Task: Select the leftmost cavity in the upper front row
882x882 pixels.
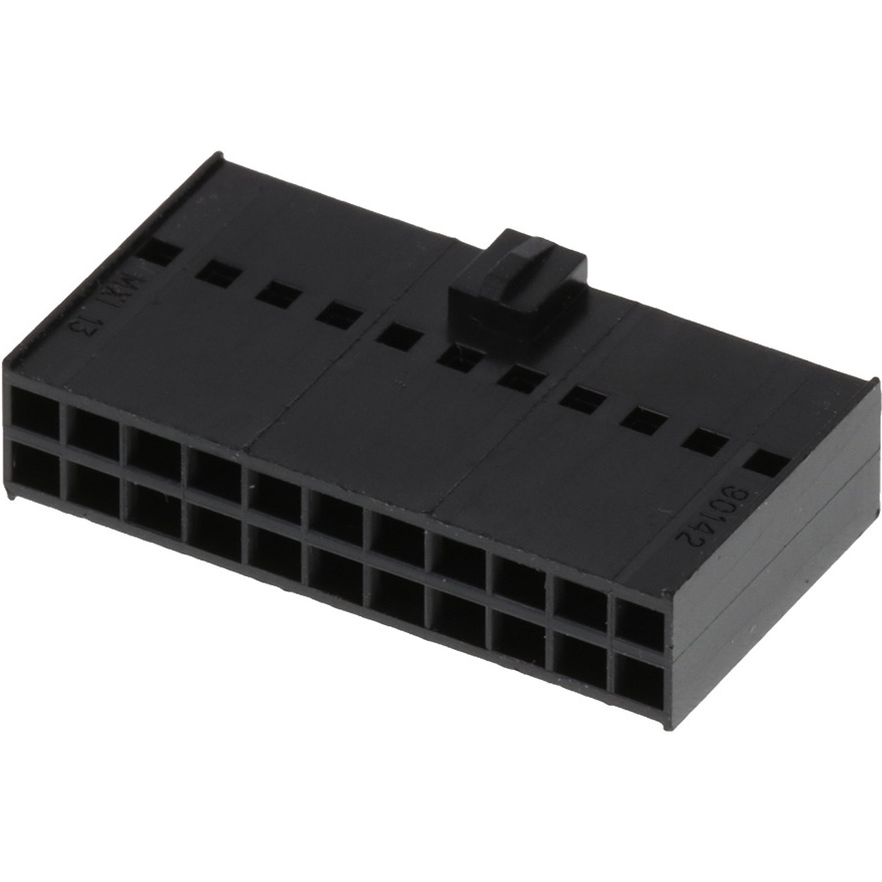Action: click(x=33, y=411)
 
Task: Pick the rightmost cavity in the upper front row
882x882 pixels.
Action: click(x=639, y=626)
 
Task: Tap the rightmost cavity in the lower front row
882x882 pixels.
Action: click(x=638, y=682)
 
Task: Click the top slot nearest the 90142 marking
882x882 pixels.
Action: click(x=765, y=463)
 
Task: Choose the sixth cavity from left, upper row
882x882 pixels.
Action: click(x=334, y=517)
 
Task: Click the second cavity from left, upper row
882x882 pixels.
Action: click(x=93, y=429)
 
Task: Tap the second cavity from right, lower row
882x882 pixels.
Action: click(x=579, y=661)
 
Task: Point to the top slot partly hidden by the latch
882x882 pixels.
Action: click(x=458, y=356)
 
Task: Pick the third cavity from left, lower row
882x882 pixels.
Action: click(x=152, y=505)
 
